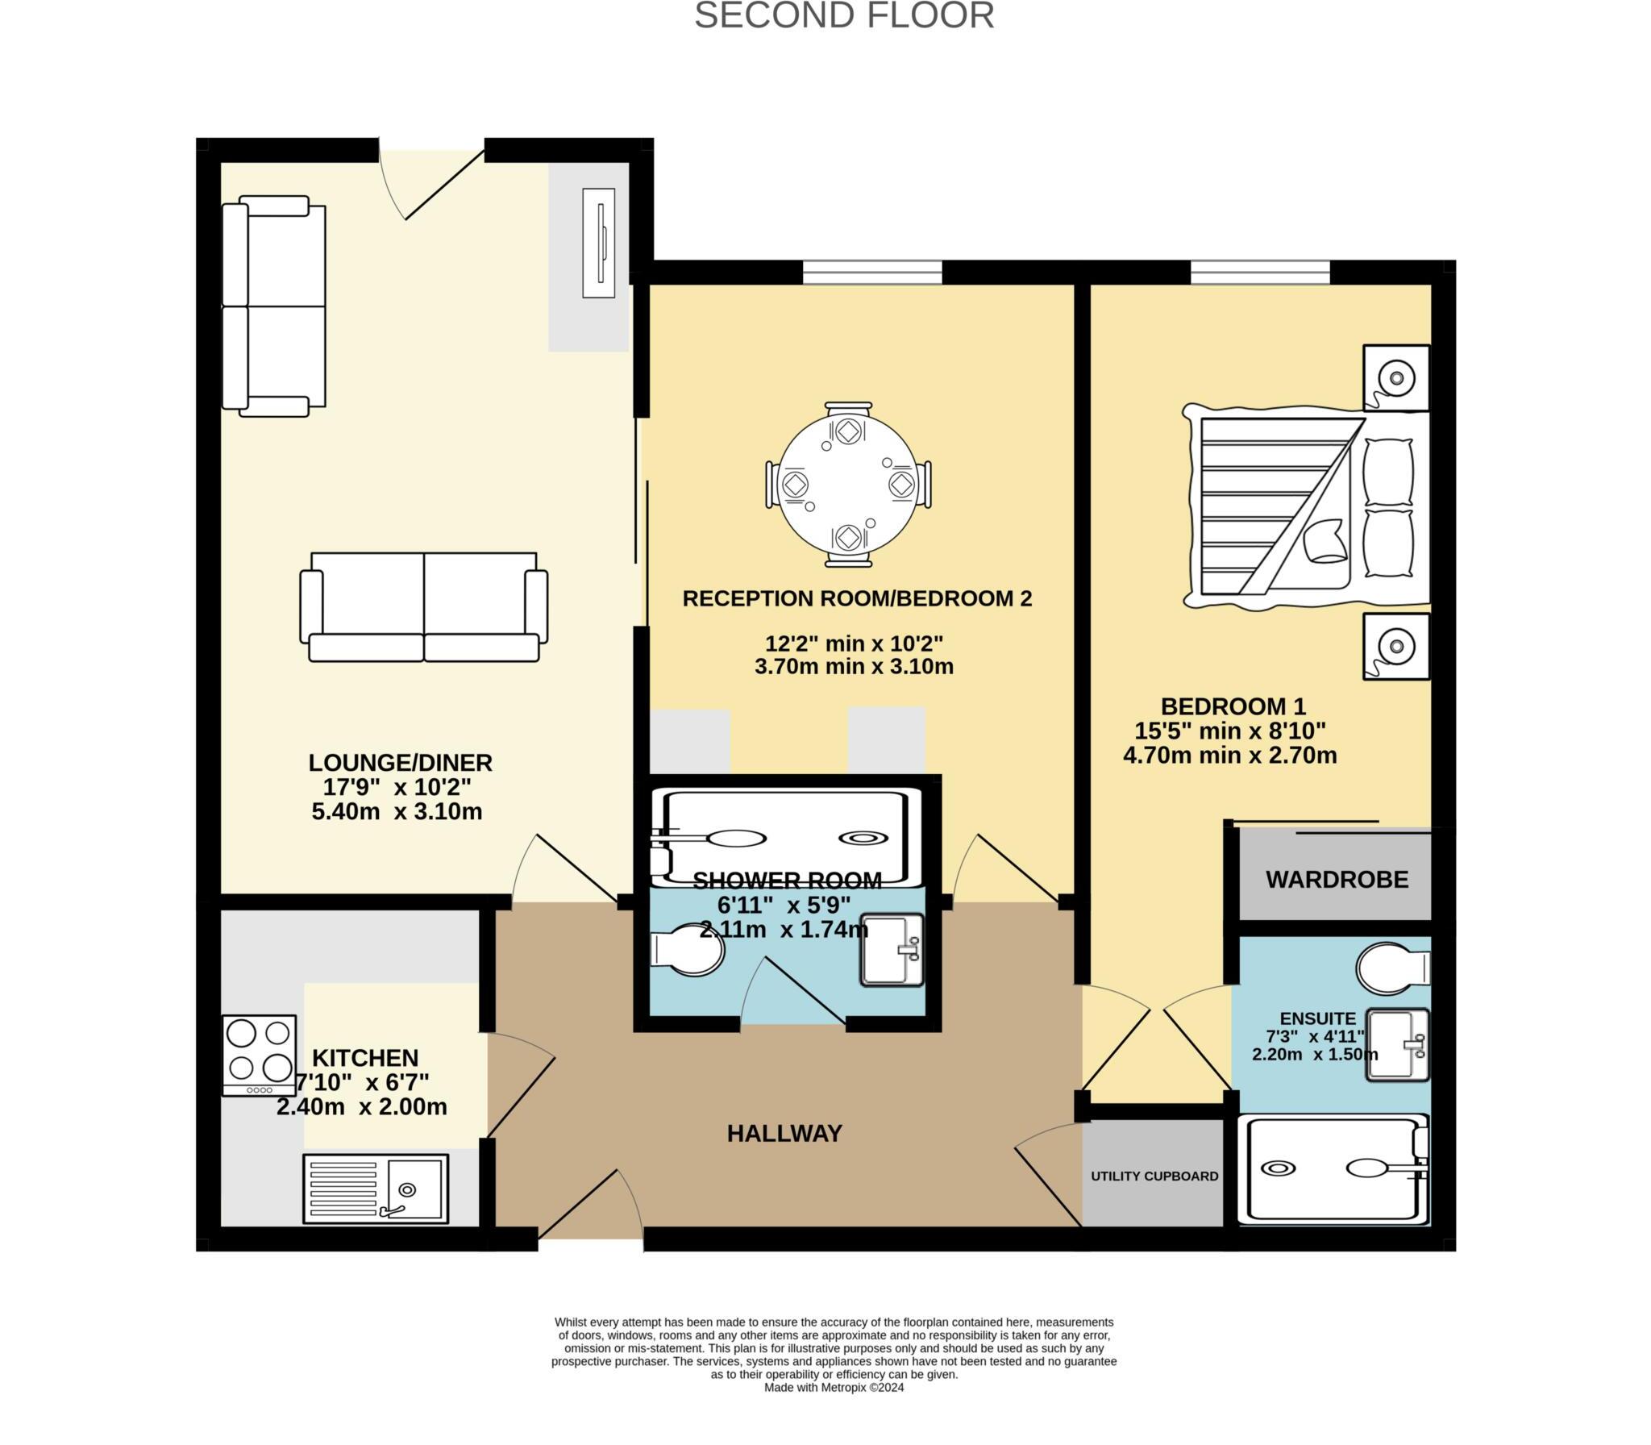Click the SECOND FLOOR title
tap(844, 16)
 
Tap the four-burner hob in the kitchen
tap(259, 1055)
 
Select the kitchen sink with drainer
tap(376, 1189)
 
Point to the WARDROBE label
tap(1337, 879)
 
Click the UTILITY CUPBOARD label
tap(1154, 1176)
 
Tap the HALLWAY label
tap(784, 1134)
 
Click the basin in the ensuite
tap(1397, 1044)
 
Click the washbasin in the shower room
tap(892, 950)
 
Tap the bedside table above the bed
tap(1396, 377)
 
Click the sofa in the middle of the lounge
tap(424, 607)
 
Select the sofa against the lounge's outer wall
tap(274, 306)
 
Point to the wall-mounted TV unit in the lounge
tap(599, 244)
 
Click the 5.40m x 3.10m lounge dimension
tap(397, 811)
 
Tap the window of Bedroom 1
tap(1260, 272)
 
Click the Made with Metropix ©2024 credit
tap(834, 1388)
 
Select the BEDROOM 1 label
tap(1233, 706)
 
